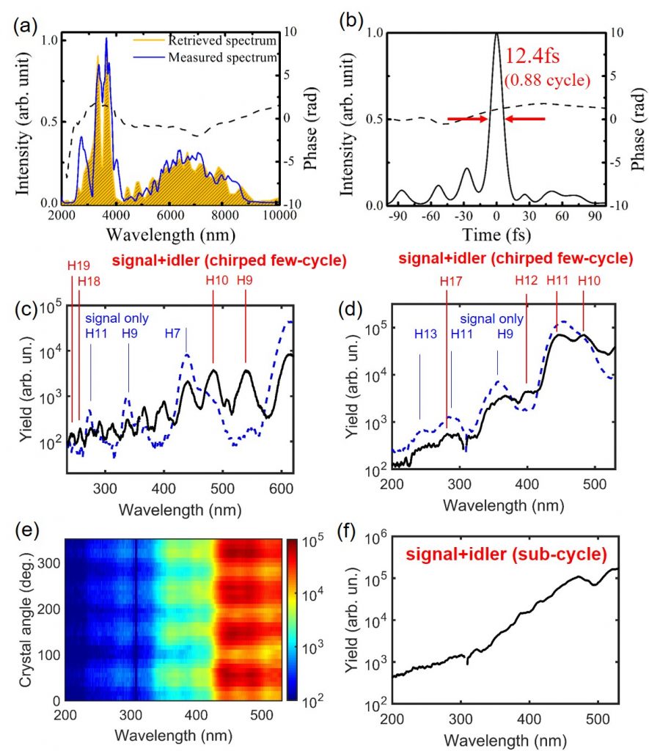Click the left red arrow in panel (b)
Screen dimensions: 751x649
[468, 118]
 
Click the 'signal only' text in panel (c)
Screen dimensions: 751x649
[117, 319]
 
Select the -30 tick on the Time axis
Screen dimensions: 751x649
[464, 217]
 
